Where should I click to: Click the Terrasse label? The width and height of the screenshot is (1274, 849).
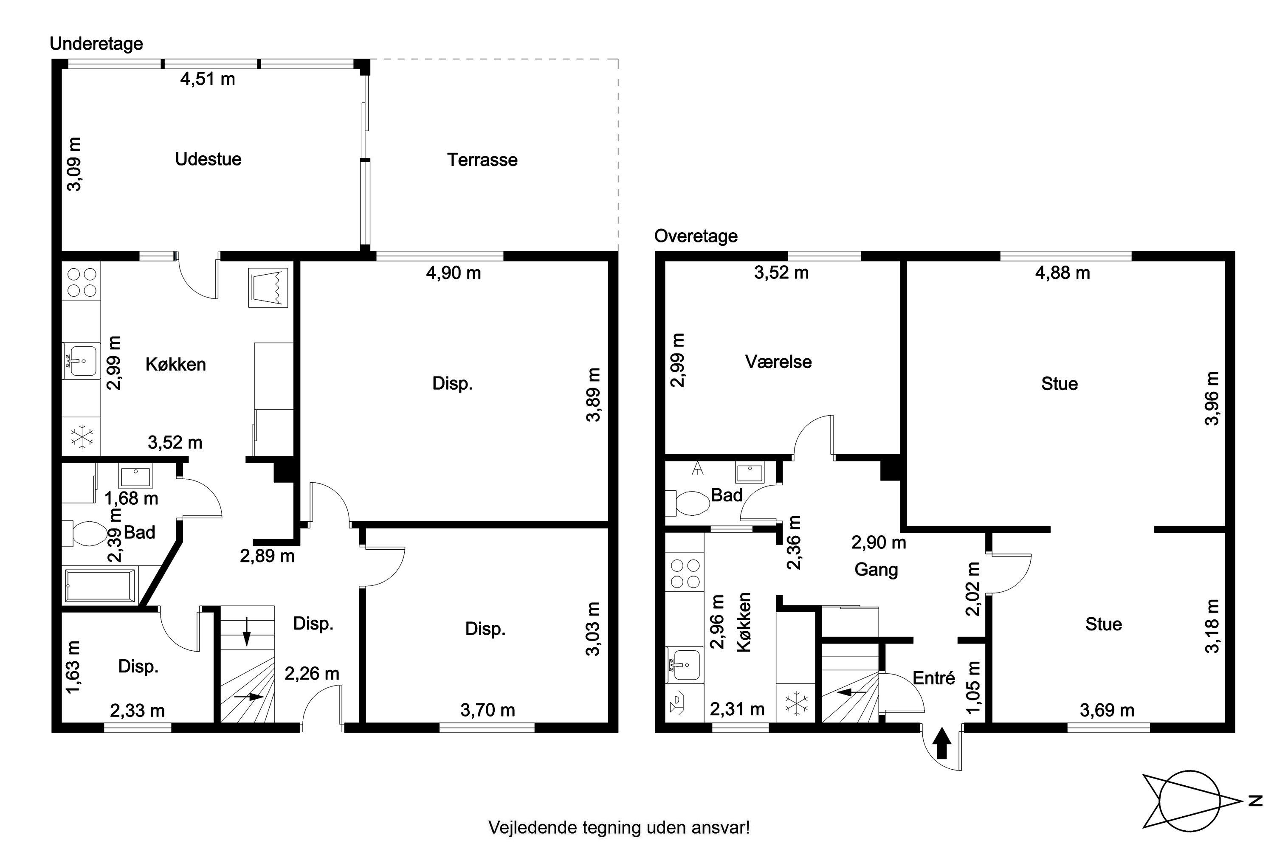(482, 160)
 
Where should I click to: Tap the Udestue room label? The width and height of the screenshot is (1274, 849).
(208, 159)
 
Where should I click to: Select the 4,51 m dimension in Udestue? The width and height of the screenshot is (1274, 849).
(208, 79)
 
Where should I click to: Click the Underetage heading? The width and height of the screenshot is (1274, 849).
(96, 43)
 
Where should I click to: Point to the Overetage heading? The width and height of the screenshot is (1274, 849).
(696, 236)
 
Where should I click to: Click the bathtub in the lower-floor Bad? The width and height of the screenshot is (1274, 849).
(100, 585)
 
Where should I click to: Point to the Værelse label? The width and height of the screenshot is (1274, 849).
(778, 362)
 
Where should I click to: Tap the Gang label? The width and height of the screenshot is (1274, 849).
(876, 570)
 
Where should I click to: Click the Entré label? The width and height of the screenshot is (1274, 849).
(934, 678)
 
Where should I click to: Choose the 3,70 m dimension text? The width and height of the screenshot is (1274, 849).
(488, 710)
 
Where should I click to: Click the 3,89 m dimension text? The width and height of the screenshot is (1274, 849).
(594, 395)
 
